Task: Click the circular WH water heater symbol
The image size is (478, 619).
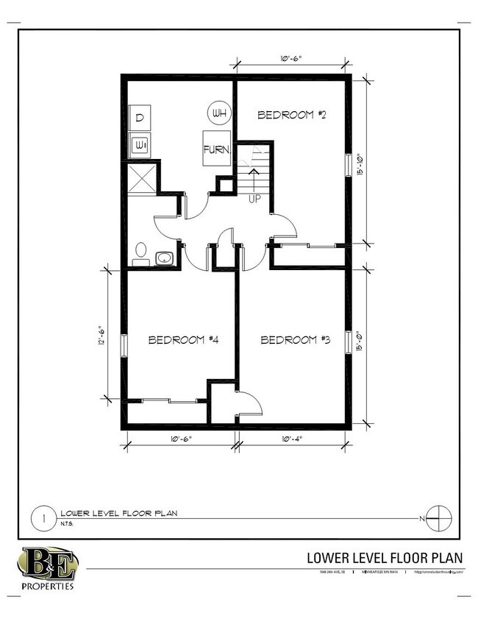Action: [x=218, y=113]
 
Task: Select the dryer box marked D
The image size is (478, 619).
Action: [x=140, y=118]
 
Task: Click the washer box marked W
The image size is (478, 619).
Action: [x=140, y=145]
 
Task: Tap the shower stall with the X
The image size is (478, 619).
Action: [x=141, y=177]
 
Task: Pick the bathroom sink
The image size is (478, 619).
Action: [x=164, y=258]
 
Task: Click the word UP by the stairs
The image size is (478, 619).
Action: [x=254, y=199]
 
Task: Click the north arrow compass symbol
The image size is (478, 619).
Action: [x=438, y=518]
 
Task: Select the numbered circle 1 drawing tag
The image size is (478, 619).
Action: [x=45, y=518]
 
